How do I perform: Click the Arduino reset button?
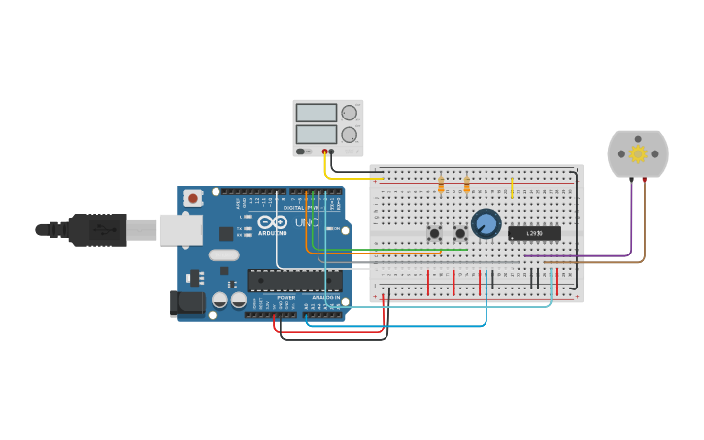point(193,198)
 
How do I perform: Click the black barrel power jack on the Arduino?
point(188,303)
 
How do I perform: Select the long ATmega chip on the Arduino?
point(293,281)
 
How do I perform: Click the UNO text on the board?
point(306,223)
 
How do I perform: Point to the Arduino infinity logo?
point(273,222)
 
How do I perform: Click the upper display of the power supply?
point(317,113)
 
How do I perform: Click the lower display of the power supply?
point(317,133)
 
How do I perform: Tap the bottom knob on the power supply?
point(350,134)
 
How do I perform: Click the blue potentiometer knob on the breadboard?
point(486,223)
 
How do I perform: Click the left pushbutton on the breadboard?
point(434,233)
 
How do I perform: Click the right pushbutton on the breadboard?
point(460,233)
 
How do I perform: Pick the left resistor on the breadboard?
point(442,184)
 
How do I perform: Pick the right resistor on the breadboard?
point(467,184)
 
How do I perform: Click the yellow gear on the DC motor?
point(638,153)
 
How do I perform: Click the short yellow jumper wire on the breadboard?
point(512,186)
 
